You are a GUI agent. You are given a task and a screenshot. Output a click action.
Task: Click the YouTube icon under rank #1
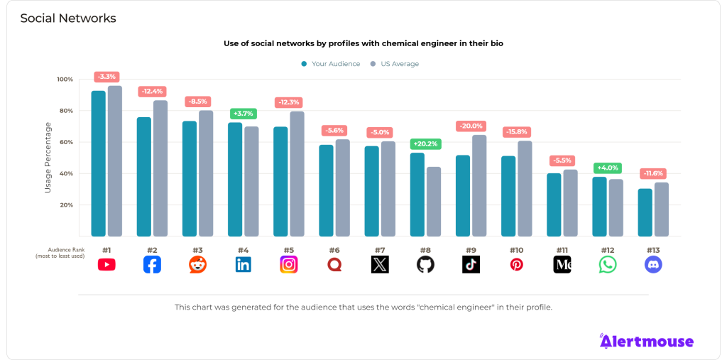(106, 265)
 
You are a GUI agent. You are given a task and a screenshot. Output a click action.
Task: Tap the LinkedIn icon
(243, 265)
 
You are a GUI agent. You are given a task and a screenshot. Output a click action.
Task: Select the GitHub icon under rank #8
(425, 265)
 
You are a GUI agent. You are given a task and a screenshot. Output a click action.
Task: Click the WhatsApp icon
(608, 265)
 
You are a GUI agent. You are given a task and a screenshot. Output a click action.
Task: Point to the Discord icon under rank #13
(653, 265)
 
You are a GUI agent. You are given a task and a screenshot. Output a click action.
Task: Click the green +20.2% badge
(426, 144)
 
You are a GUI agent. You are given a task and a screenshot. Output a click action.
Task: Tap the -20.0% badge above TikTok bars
(471, 126)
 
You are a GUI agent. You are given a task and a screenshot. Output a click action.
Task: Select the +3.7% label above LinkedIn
(244, 114)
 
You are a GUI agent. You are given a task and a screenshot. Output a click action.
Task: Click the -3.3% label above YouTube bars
(106, 77)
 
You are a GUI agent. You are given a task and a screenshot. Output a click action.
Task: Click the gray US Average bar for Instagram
(297, 173)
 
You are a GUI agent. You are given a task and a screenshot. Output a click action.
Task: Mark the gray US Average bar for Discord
(662, 209)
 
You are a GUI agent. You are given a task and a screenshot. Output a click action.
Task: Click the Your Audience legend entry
(329, 64)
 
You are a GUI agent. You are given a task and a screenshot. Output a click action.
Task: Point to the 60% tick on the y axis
(65, 142)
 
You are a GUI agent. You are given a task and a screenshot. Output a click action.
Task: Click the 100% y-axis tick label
(65, 80)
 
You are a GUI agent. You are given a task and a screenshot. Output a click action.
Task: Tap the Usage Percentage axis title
(48, 158)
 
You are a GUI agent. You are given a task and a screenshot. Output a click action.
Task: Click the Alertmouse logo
(646, 342)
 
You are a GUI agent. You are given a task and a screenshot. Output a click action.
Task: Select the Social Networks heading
(68, 18)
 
